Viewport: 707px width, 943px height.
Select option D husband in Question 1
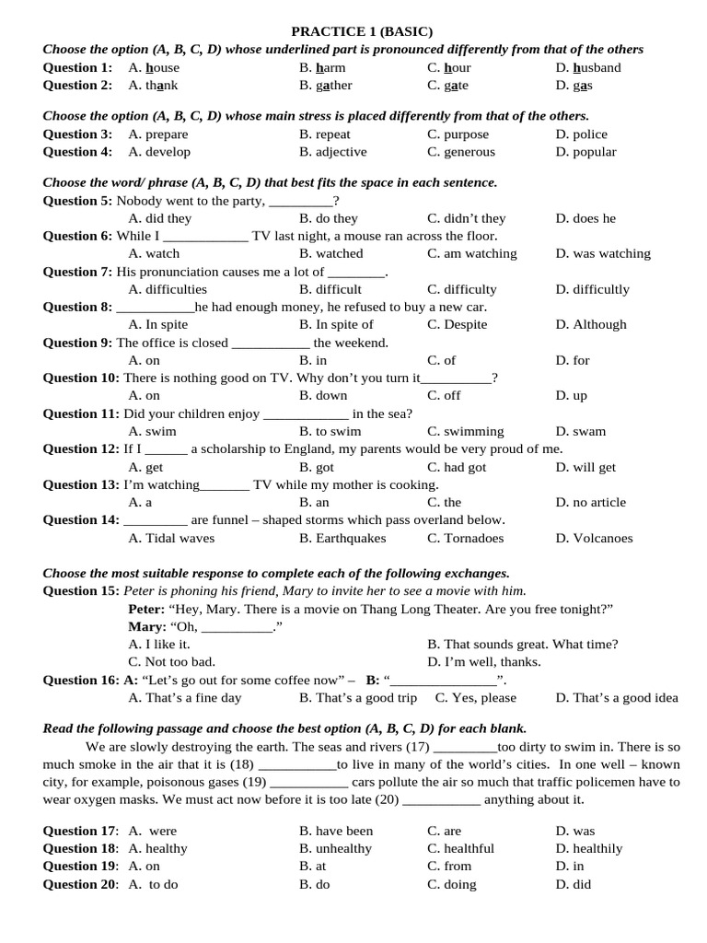(x=588, y=67)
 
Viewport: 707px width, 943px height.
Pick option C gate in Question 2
(x=447, y=85)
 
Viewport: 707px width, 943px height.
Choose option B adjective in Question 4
(x=332, y=152)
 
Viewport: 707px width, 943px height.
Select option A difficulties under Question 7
(x=168, y=289)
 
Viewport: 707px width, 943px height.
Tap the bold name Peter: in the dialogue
(x=146, y=609)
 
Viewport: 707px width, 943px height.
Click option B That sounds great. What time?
(x=523, y=644)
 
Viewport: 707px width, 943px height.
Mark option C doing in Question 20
(x=451, y=884)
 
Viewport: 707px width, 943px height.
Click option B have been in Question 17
(x=336, y=831)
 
